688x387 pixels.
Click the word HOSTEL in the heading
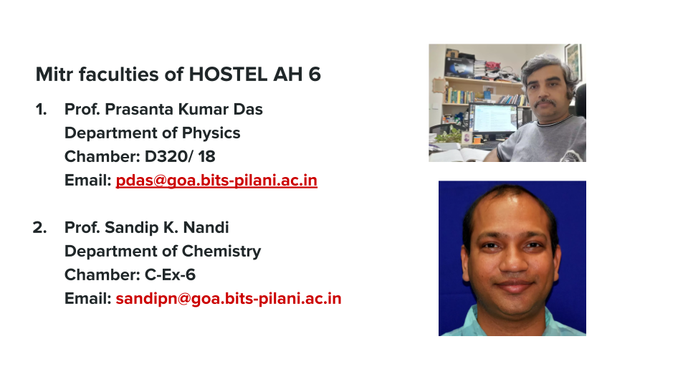[228, 74]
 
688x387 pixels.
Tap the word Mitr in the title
[54, 74]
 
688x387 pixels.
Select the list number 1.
[41, 110]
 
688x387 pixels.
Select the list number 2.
[39, 228]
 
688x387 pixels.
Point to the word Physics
[211, 133]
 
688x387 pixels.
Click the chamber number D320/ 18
[180, 157]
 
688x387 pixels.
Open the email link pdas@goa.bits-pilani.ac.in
[216, 181]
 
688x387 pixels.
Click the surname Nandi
[206, 228]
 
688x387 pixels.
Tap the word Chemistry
[221, 252]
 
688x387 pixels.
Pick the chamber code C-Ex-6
[170, 275]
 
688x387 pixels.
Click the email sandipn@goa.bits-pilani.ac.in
[228, 299]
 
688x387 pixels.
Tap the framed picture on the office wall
[573, 62]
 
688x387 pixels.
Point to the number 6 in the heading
[315, 74]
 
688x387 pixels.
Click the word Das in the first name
[248, 109]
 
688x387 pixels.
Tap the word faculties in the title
[119, 74]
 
